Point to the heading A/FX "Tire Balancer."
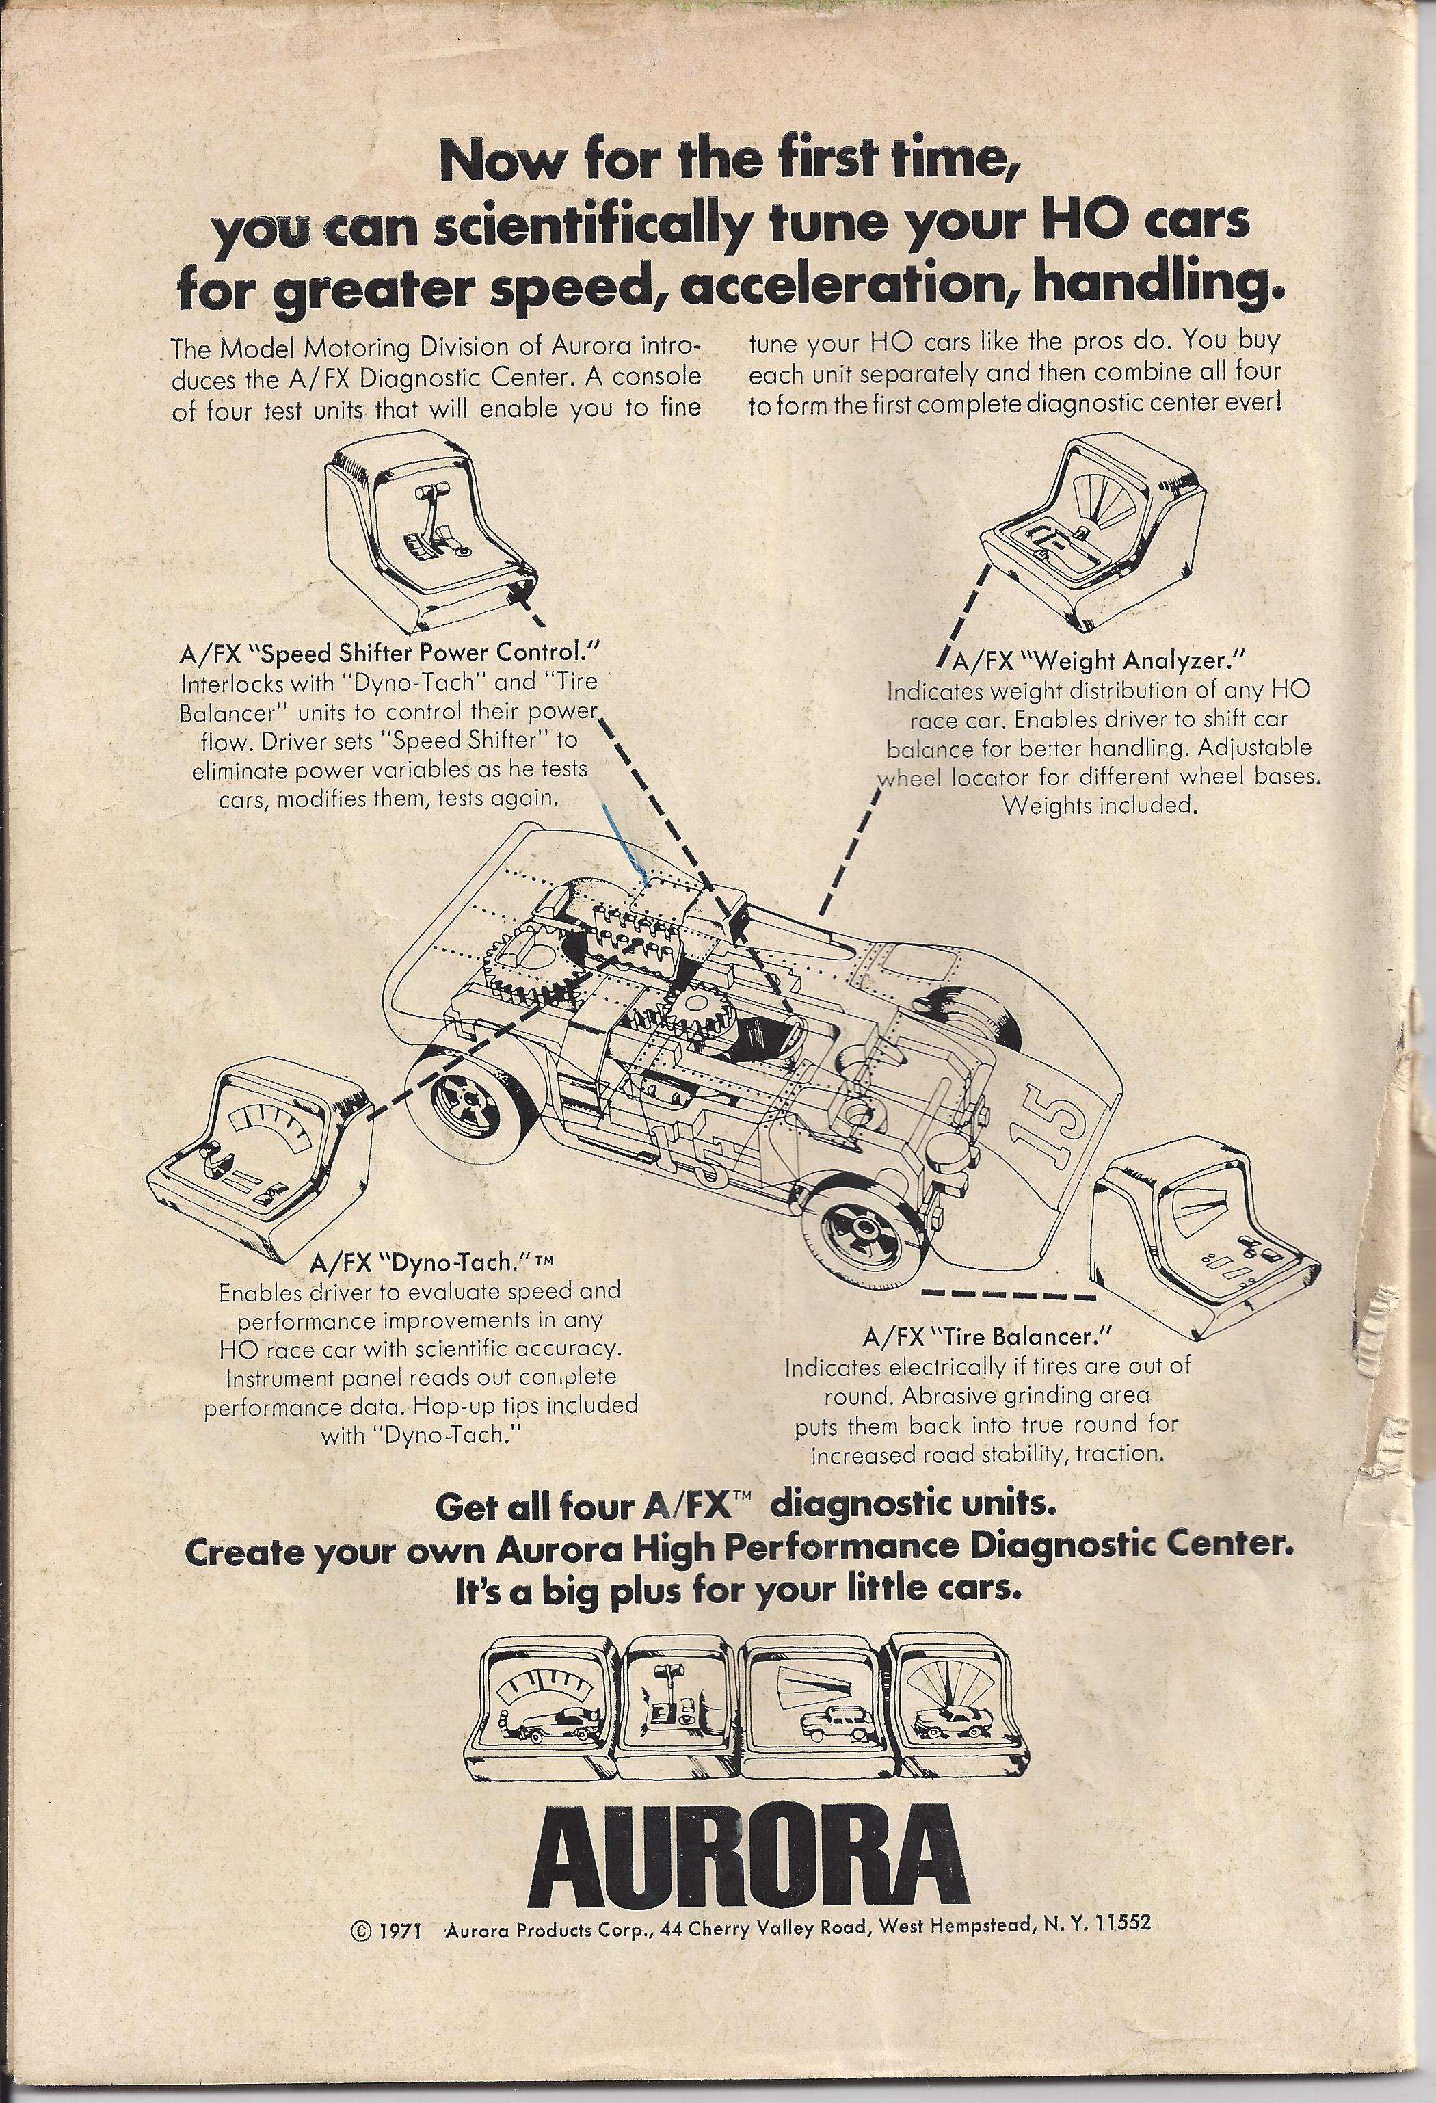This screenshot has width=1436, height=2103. click(986, 1335)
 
